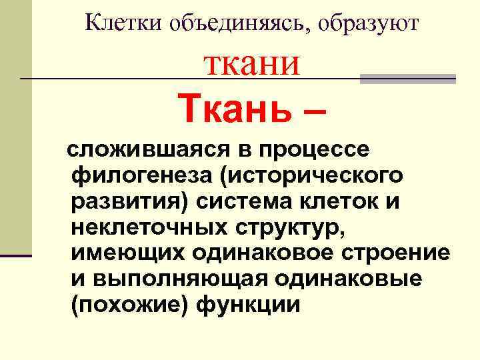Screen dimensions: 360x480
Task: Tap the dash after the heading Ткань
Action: click(x=313, y=111)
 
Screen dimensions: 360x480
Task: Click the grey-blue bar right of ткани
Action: click(x=407, y=79)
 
